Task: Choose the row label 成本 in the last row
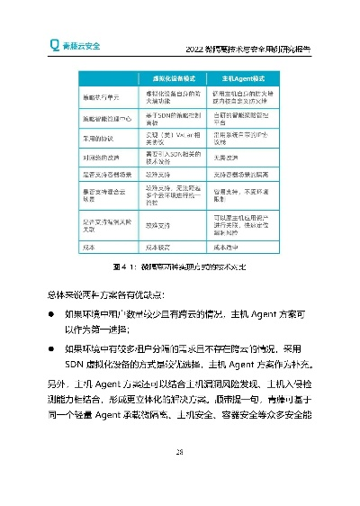90,247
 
